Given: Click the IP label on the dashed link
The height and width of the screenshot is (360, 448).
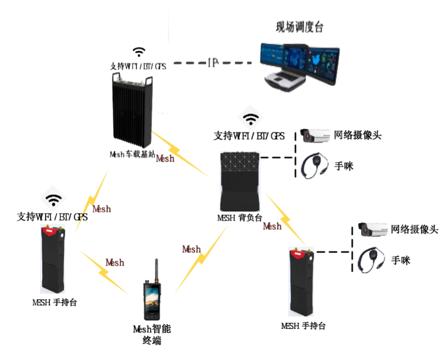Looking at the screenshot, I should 213,62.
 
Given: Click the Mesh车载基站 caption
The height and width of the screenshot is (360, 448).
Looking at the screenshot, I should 132,155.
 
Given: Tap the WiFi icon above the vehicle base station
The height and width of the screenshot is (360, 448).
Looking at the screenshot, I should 139,52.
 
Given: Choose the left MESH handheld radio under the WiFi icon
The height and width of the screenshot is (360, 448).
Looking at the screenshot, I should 56,260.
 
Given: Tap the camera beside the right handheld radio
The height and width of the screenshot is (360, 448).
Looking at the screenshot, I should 373,230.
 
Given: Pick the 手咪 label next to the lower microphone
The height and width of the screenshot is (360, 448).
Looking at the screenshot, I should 401,260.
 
